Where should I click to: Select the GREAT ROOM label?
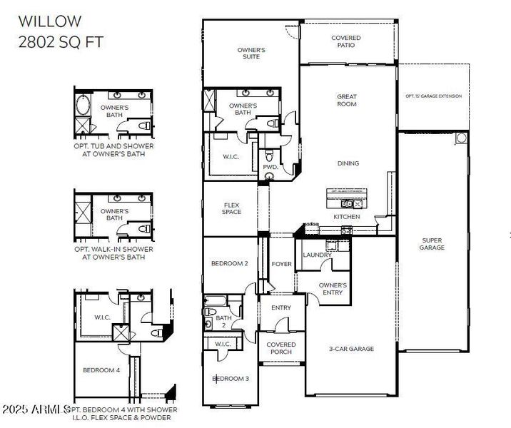coord(347,101)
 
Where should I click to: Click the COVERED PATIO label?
coord(346,41)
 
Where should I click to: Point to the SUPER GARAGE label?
coord(432,244)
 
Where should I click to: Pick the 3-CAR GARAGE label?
coord(351,349)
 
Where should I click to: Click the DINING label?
coord(348,163)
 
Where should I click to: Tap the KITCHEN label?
coord(347,216)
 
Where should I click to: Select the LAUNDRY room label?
coord(317,255)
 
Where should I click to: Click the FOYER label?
coord(282,264)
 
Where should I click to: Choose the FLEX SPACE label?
coord(232,208)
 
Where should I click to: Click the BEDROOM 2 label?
coord(230,264)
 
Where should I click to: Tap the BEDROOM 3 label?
coord(231,378)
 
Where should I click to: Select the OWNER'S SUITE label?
coord(251,54)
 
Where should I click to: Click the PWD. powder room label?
coord(270,167)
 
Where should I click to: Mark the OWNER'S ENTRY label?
coord(333,289)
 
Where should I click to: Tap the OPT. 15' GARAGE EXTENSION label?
coord(433,96)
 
